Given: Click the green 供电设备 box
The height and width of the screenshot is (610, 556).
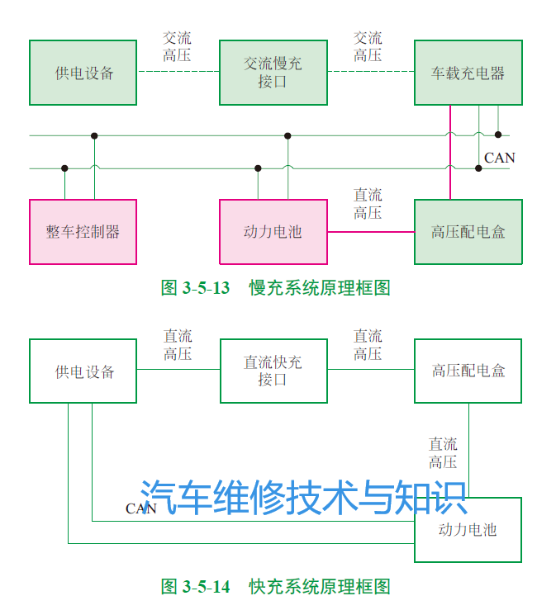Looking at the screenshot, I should click(x=83, y=73).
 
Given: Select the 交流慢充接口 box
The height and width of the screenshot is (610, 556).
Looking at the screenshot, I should click(x=273, y=73).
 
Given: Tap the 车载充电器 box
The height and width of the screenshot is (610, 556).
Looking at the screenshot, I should click(x=468, y=73).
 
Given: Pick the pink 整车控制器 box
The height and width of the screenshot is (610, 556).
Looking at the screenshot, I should click(x=83, y=232).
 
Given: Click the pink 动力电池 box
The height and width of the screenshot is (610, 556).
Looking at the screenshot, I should click(x=273, y=232).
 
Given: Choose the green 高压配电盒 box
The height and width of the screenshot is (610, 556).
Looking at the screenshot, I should click(x=468, y=232).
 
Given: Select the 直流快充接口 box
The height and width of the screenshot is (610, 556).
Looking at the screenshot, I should click(x=273, y=371).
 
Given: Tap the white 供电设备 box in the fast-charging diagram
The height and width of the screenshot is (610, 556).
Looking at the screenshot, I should click(x=83, y=371).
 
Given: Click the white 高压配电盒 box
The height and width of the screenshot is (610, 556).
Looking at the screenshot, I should click(x=468, y=371).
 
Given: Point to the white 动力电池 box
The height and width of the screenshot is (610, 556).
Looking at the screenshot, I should click(x=468, y=529).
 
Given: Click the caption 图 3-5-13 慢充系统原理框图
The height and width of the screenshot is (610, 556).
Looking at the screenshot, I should click(x=275, y=288).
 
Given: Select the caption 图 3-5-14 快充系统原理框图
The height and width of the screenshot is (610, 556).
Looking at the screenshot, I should click(x=275, y=587).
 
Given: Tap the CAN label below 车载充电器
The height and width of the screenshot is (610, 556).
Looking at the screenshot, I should click(x=499, y=158).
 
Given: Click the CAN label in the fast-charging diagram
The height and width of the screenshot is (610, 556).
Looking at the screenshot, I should click(x=140, y=508).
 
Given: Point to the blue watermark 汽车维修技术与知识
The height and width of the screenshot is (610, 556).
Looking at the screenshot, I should click(x=303, y=497).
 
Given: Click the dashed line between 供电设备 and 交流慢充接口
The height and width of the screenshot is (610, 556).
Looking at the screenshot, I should click(x=178, y=72).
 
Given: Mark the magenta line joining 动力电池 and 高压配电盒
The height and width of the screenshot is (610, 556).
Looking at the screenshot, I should click(x=371, y=232).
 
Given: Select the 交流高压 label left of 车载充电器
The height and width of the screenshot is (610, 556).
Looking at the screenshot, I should click(x=368, y=47).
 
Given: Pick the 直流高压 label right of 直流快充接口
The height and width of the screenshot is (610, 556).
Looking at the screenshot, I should click(x=368, y=345).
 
